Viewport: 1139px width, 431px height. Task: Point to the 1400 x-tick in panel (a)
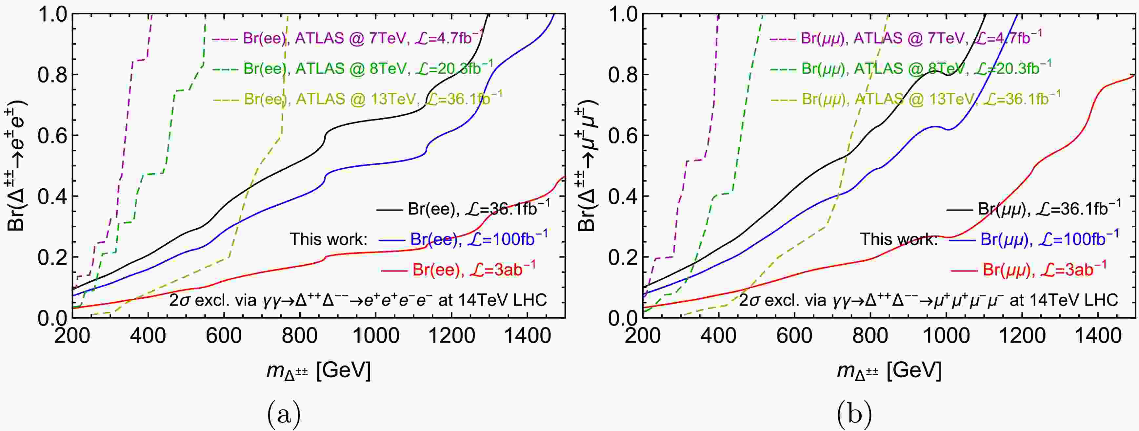527,336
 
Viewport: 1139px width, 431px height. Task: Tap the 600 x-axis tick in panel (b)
794,336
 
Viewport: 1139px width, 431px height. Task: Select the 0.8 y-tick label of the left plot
52,75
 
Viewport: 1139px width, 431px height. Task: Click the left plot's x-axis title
318,370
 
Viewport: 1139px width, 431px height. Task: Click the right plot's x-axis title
889,370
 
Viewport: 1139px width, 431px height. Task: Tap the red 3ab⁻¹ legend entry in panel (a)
460,269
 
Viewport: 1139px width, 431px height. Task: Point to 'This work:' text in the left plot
329,239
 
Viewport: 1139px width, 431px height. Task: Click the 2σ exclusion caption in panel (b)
929,301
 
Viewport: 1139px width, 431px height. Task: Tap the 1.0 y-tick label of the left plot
52,14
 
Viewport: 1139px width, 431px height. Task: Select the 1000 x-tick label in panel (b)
946,336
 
